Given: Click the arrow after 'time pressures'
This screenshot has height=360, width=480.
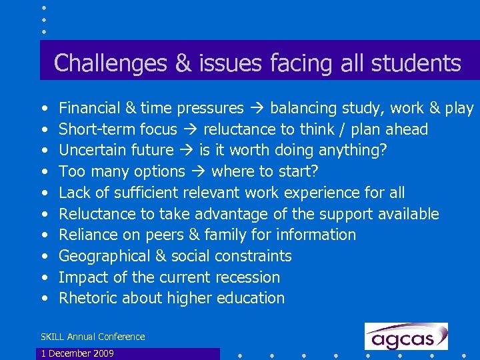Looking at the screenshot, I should coord(257,108).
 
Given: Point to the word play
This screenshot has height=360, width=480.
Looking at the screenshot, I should coord(460,109).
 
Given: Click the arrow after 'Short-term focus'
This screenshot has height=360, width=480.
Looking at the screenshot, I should coord(190,129).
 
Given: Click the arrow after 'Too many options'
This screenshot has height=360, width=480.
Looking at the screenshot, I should coord(198,171).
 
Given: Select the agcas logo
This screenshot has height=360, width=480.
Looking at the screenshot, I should coord(405,336).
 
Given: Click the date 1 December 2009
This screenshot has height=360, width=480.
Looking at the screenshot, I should coord(77,353).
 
